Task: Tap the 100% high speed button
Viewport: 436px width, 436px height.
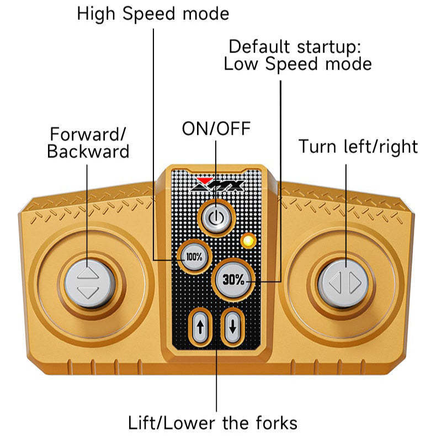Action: tap(193, 257)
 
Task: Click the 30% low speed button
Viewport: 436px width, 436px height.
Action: tap(233, 280)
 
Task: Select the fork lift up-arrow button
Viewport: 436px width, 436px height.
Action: tap(200, 326)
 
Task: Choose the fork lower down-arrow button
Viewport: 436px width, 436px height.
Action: tap(232, 326)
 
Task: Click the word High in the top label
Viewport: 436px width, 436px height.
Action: tap(98, 13)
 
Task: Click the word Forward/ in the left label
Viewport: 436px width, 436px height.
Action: tap(88, 134)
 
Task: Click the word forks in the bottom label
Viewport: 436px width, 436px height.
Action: tap(273, 423)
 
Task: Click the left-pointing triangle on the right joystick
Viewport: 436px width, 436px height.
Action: tap(335, 283)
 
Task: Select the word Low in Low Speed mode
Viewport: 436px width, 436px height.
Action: tap(241, 63)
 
